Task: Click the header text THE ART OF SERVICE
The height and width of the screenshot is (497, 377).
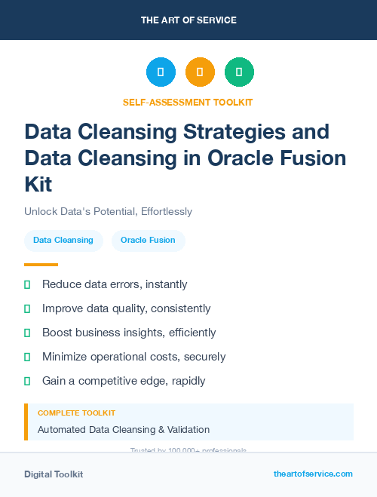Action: [188, 20]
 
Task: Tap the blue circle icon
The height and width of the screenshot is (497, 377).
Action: [161, 72]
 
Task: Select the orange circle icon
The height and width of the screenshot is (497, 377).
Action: [200, 72]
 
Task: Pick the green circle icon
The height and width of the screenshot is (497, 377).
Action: [239, 72]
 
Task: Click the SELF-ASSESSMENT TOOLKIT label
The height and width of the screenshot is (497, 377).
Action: [188, 102]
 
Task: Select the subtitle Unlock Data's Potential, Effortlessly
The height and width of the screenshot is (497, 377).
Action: [108, 211]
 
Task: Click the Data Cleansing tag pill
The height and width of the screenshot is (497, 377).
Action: [63, 240]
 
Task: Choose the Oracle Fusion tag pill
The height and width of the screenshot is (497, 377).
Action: [148, 240]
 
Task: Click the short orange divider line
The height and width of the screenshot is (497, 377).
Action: [41, 265]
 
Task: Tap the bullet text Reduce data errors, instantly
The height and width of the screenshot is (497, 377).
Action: [115, 284]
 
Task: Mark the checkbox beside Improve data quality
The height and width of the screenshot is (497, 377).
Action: [27, 308]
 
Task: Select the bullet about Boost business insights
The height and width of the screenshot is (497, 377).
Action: [129, 333]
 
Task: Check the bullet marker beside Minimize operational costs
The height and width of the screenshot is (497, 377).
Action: [27, 357]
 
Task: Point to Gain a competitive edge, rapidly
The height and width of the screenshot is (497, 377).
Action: [124, 381]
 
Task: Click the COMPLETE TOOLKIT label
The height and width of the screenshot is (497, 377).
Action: [76, 413]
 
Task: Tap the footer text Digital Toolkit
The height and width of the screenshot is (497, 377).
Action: [54, 474]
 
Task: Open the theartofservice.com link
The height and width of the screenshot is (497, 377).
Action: [313, 474]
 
